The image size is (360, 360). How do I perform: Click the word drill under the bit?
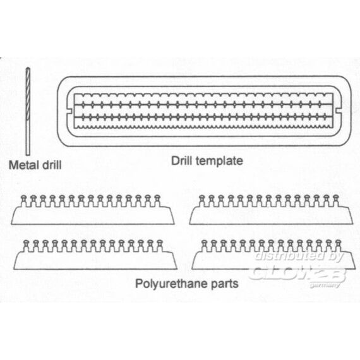(x=52, y=165)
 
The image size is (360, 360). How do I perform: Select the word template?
(x=219, y=161)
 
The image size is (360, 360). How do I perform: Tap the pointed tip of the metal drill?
(x=28, y=68)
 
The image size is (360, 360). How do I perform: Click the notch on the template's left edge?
(x=70, y=111)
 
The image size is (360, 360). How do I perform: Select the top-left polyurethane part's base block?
(x=93, y=215)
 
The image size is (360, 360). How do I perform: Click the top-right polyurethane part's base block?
(x=271, y=215)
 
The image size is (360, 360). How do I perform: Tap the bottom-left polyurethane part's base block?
(x=95, y=260)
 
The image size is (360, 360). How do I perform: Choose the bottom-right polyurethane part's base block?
(x=273, y=260)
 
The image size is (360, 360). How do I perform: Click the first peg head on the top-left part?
(x=23, y=197)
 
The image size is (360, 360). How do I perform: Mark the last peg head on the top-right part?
(x=335, y=197)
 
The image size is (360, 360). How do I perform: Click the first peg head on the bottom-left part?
(x=26, y=243)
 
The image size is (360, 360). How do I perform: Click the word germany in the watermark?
(x=325, y=285)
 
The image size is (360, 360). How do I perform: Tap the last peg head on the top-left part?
(x=157, y=197)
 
